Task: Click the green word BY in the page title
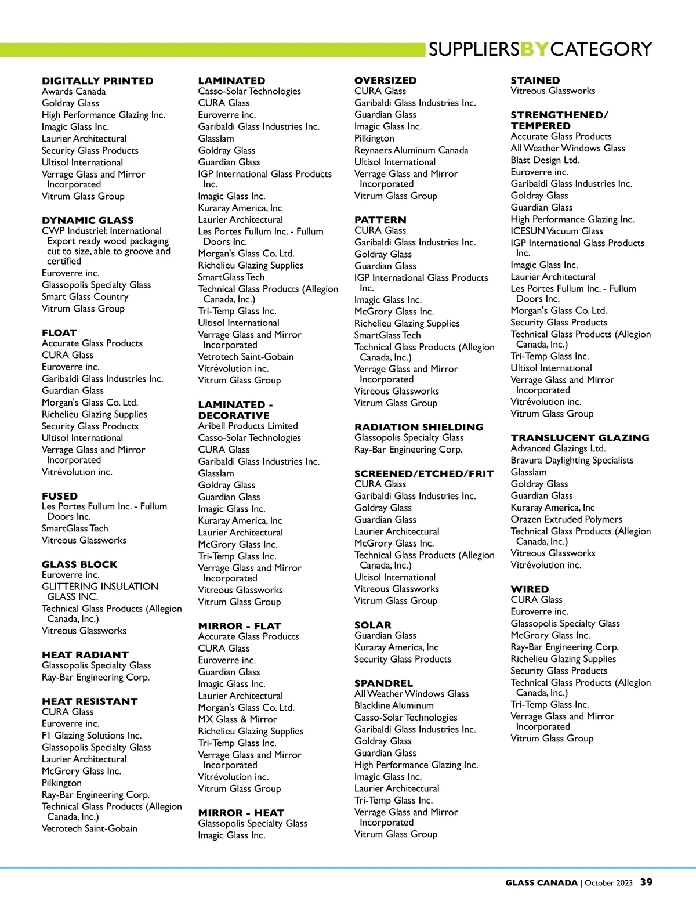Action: [x=534, y=49]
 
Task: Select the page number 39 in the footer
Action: [x=646, y=882]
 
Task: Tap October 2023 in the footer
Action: [x=608, y=883]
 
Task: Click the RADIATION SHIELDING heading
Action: [x=418, y=427]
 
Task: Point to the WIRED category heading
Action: [x=529, y=589]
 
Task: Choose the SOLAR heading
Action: [x=372, y=625]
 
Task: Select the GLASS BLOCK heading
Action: [x=79, y=564]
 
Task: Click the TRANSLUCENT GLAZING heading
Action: [x=579, y=438]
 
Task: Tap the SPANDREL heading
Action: [x=383, y=683]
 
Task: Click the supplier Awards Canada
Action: [x=74, y=91]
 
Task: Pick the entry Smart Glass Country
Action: [x=85, y=296]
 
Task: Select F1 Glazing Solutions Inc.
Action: [x=91, y=736]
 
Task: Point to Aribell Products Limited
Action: [x=248, y=426]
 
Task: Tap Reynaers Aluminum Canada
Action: [x=411, y=150]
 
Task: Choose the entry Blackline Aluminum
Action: [x=394, y=705]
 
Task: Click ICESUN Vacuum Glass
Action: [x=556, y=231]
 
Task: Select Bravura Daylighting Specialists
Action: [x=572, y=460]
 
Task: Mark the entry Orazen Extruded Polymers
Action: [x=566, y=519]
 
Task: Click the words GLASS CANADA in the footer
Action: [x=541, y=883]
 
